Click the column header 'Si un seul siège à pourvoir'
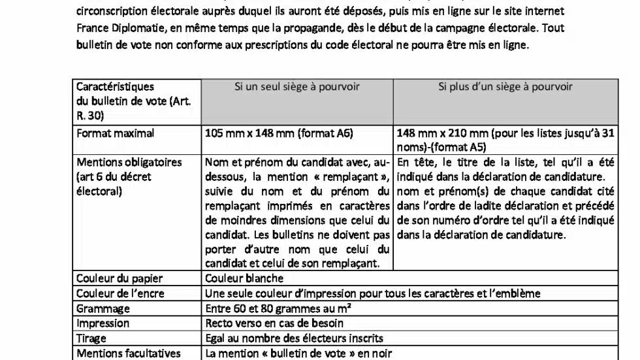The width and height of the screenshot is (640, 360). pos(297,86)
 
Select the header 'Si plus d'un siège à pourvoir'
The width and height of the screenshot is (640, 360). pos(505,86)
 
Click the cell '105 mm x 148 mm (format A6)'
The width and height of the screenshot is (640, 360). pos(279,133)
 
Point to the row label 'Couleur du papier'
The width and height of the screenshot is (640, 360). pos(120,279)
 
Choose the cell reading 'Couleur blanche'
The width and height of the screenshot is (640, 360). pos(244,279)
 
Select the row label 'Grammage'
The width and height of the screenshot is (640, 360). pos(103,309)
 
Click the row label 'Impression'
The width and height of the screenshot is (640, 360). pos(103,323)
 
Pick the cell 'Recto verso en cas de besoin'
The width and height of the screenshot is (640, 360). pos(274,323)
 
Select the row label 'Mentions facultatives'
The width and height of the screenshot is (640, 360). pos(128,353)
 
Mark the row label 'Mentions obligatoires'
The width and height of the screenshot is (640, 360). pos(129,162)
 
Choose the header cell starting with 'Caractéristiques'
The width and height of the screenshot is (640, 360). pos(116,86)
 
